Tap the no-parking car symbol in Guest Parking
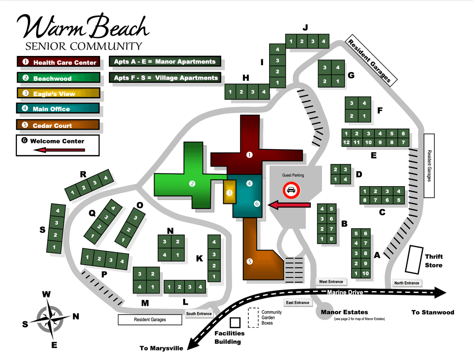[291, 190]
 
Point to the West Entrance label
[331, 282]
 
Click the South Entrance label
[199, 314]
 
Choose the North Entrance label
[407, 283]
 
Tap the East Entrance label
[298, 302]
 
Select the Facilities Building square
[236, 323]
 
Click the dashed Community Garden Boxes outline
[252, 317]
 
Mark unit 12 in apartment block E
[346, 142]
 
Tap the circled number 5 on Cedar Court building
[249, 261]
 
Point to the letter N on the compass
[76, 316]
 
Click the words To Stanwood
[433, 312]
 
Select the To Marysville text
[162, 348]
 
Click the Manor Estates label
[344, 312]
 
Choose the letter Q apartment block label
[92, 213]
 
